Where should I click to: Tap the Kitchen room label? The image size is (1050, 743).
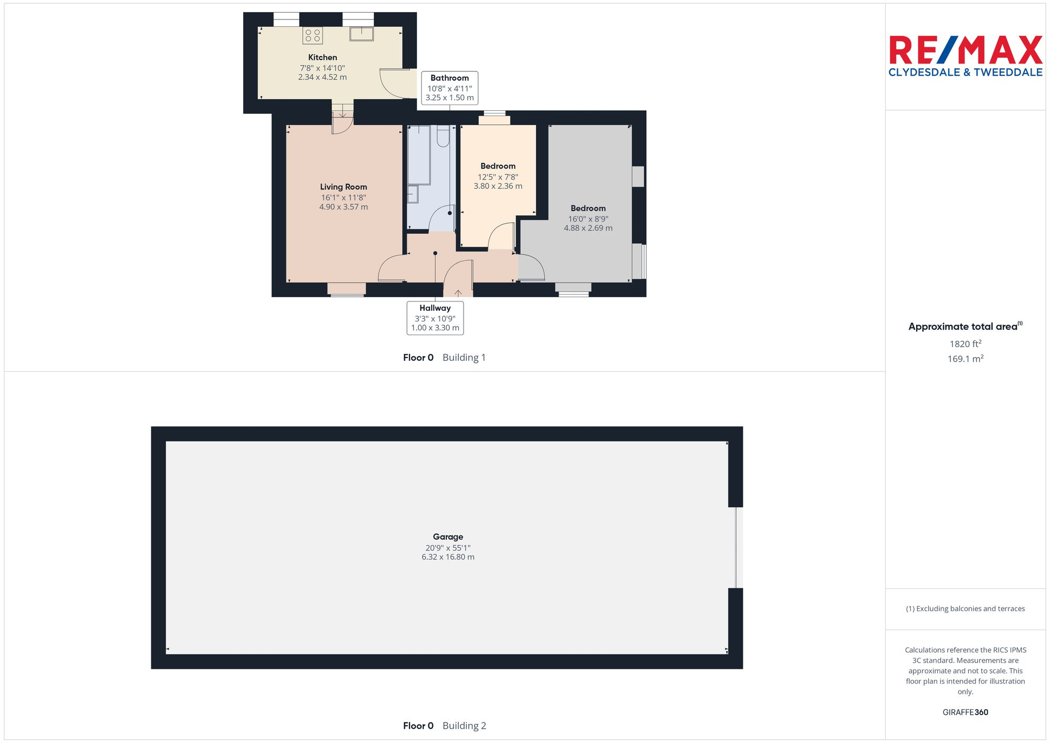[x=322, y=57]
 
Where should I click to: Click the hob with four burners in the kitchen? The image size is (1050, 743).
[x=312, y=35]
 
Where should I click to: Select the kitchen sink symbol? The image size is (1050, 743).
[x=362, y=34]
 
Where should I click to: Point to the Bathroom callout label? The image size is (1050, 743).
[x=449, y=88]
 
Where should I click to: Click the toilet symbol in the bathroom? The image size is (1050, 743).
[x=443, y=136]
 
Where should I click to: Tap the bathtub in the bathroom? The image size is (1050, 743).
[x=419, y=154]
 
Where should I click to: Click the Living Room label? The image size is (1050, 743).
[x=343, y=187]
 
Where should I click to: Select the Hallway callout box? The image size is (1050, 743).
[x=435, y=318]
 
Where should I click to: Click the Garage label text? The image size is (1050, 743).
[x=448, y=537]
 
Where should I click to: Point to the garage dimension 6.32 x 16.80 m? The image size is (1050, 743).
[x=448, y=557]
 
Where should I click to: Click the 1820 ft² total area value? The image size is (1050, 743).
[x=965, y=344]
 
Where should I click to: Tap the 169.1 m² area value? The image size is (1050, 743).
[x=965, y=359]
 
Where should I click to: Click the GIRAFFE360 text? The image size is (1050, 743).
[x=965, y=713]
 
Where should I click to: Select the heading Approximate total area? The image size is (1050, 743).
[x=965, y=327]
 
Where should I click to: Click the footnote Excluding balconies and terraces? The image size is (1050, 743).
[x=965, y=609]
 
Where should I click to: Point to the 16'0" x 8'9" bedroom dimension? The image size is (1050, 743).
[x=588, y=219]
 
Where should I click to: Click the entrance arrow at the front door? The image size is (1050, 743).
[x=458, y=293]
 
